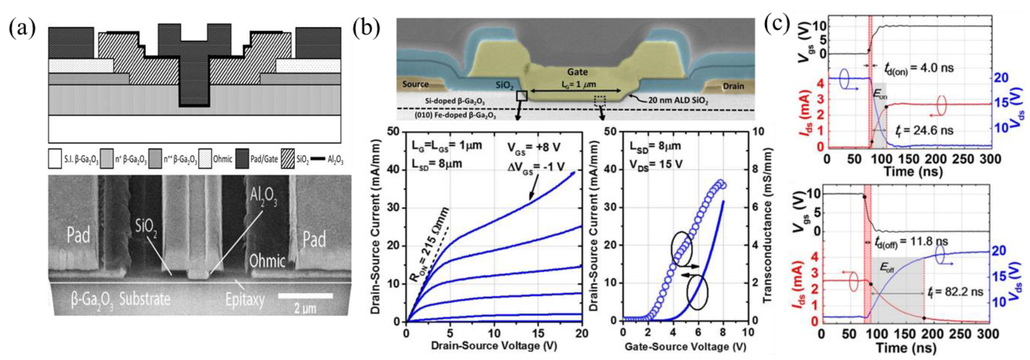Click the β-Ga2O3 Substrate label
pos(120,299)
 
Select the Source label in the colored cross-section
pos(415,84)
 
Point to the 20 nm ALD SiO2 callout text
pos(678,100)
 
